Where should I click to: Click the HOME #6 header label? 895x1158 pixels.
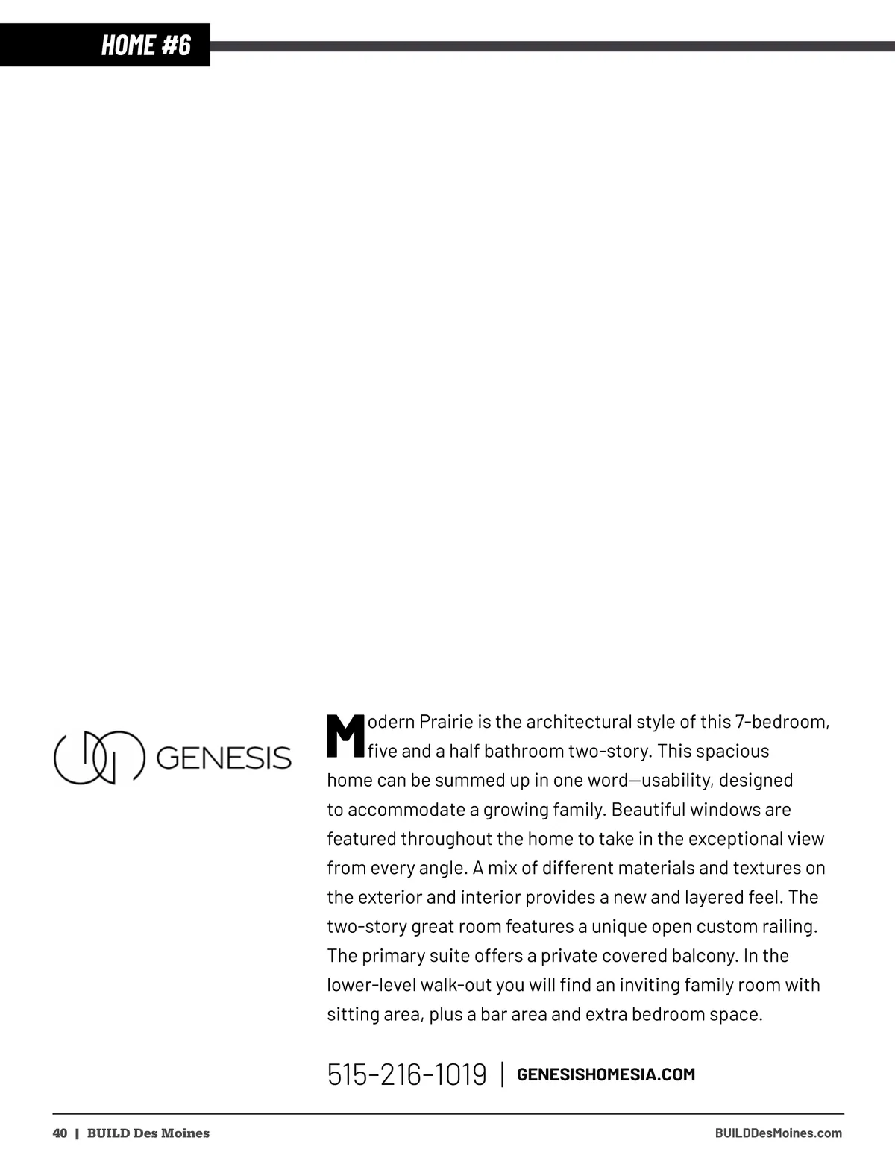point(146,45)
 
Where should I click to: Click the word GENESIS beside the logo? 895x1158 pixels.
point(224,758)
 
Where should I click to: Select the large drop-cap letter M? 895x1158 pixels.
point(345,736)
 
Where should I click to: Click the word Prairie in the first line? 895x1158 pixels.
point(446,722)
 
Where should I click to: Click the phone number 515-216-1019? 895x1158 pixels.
point(406,1074)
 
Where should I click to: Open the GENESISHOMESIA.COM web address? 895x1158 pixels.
point(606,1074)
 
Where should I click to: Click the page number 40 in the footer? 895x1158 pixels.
point(60,1133)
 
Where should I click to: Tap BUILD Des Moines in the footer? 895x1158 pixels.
point(148,1133)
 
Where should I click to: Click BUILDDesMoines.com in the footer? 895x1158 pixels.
point(778,1133)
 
